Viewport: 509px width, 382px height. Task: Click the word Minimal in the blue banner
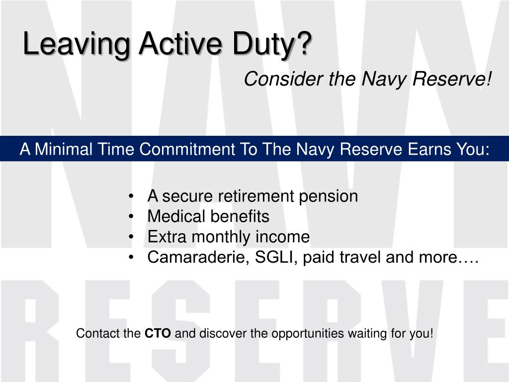pyautogui.click(x=64, y=149)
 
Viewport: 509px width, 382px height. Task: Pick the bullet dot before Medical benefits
pyautogui.click(x=131, y=217)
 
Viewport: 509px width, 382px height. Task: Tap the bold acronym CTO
pyautogui.click(x=158, y=333)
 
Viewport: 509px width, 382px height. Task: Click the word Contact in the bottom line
pyautogui.click(x=93, y=333)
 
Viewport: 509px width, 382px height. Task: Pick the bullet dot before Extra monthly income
pyautogui.click(x=131, y=237)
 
